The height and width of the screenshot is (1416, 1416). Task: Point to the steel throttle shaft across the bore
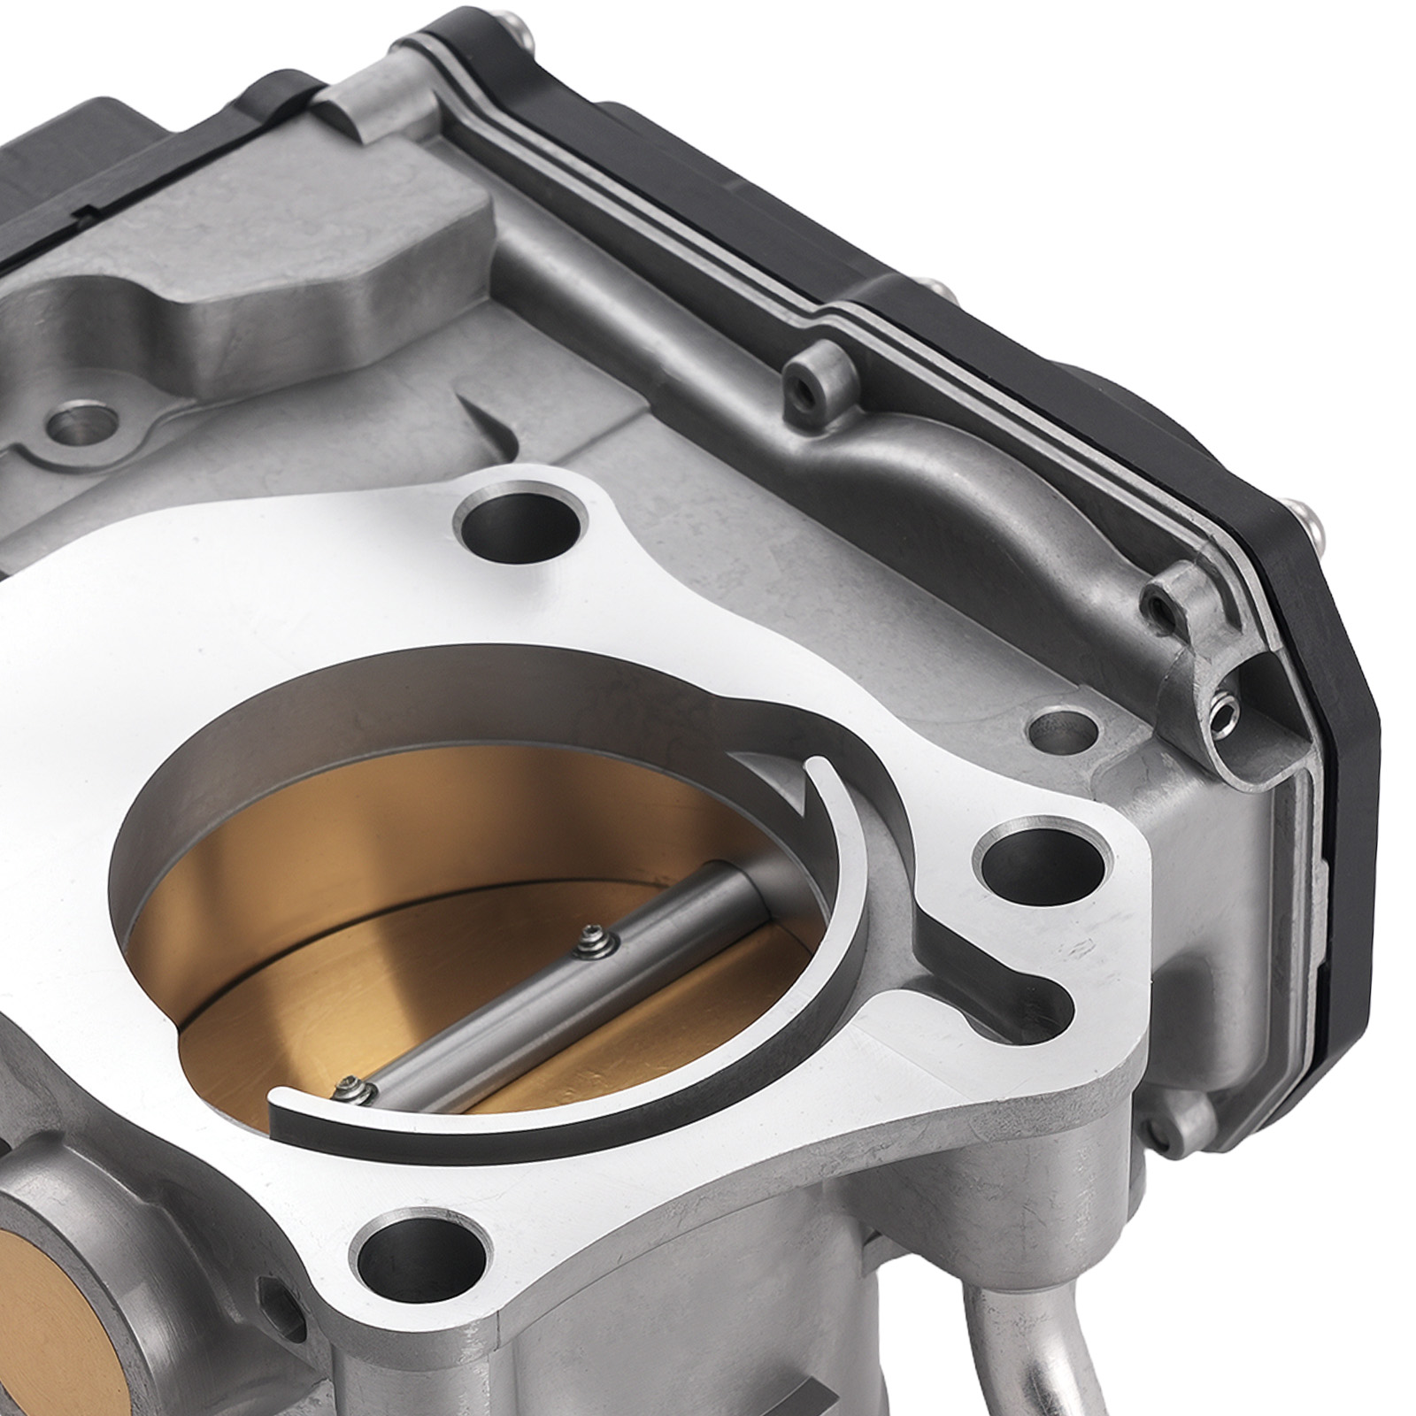(566, 991)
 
